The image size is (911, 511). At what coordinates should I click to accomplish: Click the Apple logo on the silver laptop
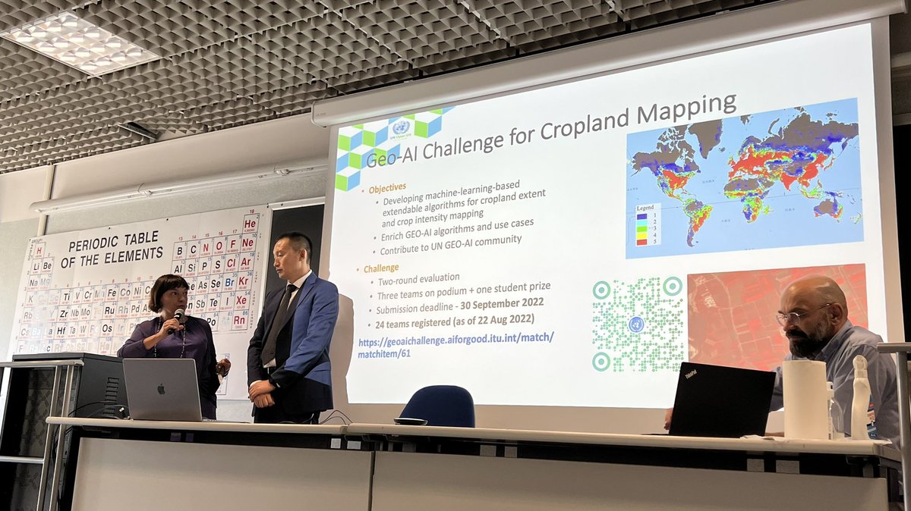click(x=162, y=389)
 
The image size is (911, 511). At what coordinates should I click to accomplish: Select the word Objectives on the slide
click(x=387, y=187)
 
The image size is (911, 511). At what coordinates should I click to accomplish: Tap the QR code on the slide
click(x=637, y=324)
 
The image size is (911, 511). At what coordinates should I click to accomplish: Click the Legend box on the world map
click(x=648, y=223)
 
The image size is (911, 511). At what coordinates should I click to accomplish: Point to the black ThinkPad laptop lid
click(x=722, y=399)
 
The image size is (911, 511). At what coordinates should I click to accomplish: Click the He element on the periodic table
click(x=251, y=224)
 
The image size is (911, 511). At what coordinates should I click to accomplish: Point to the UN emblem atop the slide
click(x=400, y=127)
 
